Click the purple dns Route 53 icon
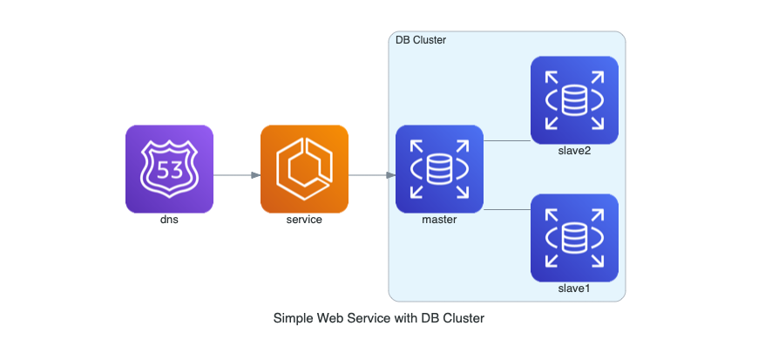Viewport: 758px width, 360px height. (x=169, y=168)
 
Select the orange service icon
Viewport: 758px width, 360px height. (x=304, y=168)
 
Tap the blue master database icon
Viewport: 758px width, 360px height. (x=439, y=168)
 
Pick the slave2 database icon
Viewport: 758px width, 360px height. (x=574, y=99)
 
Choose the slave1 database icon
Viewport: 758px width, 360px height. (x=574, y=237)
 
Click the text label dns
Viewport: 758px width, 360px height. (x=169, y=220)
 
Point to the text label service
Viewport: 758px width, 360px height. (x=304, y=220)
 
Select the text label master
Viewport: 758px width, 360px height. (x=439, y=220)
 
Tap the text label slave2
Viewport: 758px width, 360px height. (x=574, y=151)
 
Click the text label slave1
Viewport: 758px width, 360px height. (x=574, y=289)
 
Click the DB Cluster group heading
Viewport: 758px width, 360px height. (x=421, y=41)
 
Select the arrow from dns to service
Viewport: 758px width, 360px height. (x=237, y=175)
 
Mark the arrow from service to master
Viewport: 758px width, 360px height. (x=372, y=175)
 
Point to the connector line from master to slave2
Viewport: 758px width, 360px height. (x=506, y=140)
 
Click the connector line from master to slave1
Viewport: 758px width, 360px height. (x=506, y=210)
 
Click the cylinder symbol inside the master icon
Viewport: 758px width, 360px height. (x=439, y=167)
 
